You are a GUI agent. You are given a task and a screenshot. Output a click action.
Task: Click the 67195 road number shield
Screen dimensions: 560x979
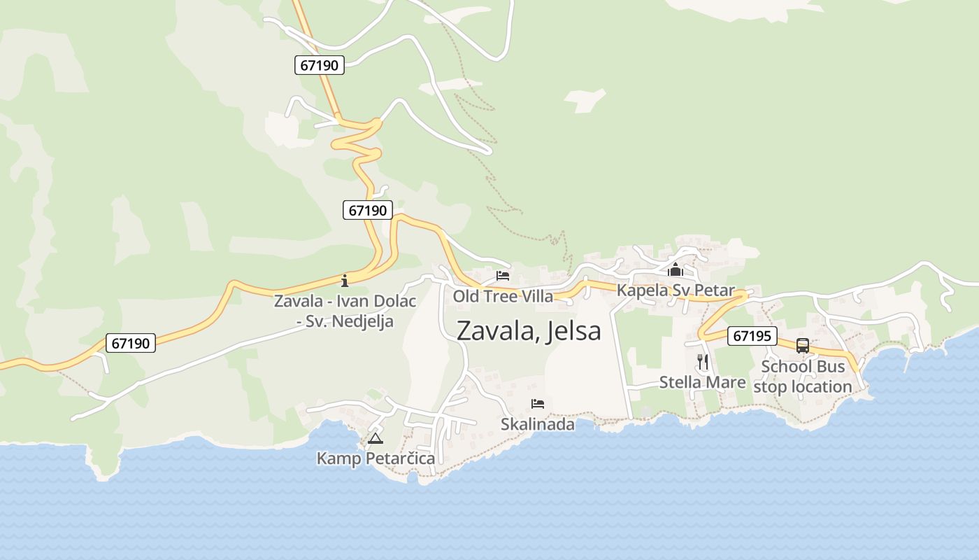click(752, 336)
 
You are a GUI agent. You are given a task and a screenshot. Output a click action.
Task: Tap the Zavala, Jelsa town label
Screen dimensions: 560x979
click(528, 330)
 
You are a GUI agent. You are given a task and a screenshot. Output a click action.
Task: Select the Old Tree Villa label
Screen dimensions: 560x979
click(503, 296)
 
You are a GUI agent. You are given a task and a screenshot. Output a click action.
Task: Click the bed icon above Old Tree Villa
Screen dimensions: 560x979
click(503, 276)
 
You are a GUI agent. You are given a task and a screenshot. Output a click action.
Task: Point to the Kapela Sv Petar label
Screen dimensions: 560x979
click(676, 290)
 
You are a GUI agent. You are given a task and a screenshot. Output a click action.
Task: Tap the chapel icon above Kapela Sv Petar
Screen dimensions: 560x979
click(676, 270)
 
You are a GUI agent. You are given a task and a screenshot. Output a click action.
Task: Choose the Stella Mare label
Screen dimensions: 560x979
click(702, 382)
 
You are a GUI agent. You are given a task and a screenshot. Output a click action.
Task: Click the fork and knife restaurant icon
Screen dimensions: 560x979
click(703, 362)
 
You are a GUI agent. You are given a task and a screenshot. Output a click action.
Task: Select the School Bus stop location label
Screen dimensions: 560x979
click(803, 377)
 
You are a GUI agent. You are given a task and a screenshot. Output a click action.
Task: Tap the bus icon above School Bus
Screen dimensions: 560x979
click(803, 346)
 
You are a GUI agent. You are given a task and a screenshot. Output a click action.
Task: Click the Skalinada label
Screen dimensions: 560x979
click(538, 424)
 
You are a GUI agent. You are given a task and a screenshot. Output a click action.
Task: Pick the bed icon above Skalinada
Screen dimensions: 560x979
click(538, 404)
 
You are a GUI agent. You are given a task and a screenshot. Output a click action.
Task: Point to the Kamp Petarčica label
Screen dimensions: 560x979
click(376, 458)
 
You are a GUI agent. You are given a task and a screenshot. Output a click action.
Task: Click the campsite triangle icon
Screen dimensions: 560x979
click(376, 439)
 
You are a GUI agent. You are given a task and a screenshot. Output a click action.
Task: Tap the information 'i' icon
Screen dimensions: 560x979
click(344, 281)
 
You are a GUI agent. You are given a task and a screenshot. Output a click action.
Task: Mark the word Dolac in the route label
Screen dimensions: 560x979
click(393, 302)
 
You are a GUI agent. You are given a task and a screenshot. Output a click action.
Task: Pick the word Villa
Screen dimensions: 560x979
click(536, 296)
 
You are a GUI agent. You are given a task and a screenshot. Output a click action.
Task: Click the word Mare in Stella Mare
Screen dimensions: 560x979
click(725, 382)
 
